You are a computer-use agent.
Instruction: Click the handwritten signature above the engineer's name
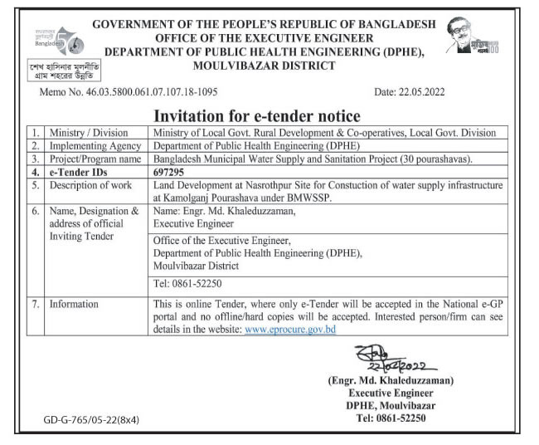pyautogui.click(x=391, y=359)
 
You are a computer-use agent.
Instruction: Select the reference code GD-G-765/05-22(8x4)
pyautogui.click(x=91, y=420)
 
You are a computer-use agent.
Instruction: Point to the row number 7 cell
pyautogui.click(x=35, y=304)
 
